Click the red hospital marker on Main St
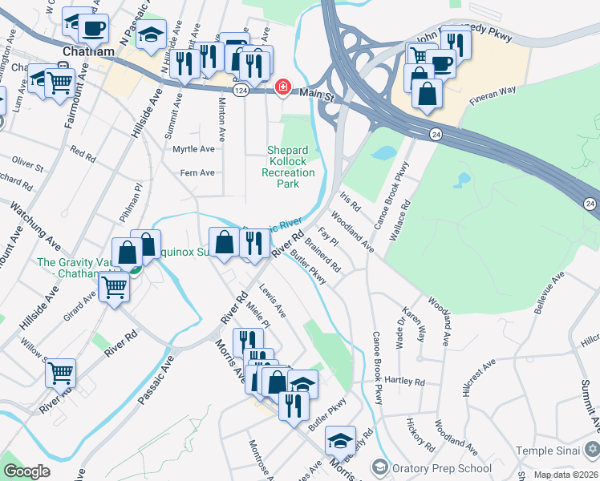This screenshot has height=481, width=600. [282, 87]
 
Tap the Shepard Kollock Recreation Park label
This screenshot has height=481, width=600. [291, 167]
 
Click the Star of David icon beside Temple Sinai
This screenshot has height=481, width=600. [591, 450]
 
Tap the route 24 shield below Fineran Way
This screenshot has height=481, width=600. [435, 132]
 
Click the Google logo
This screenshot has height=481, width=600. [26, 471]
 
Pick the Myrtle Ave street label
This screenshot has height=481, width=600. [194, 149]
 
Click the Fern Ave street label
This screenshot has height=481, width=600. [197, 172]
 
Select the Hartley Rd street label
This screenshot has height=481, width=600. [403, 380]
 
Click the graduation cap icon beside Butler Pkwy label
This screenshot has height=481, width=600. [341, 439]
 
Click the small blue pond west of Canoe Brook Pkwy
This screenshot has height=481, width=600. [385, 152]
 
